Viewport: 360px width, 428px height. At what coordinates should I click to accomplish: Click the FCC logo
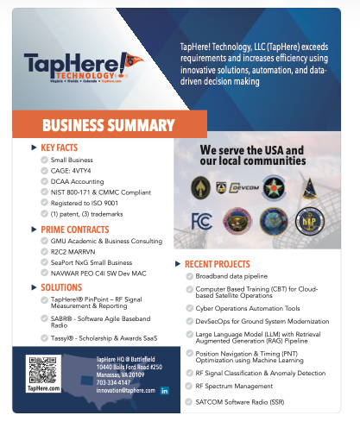pyautogui.click(x=197, y=219)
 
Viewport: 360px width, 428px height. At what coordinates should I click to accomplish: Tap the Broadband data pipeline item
pyautogui.click(x=233, y=274)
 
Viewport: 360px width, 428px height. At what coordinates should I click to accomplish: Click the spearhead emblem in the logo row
pyautogui.click(x=201, y=186)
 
